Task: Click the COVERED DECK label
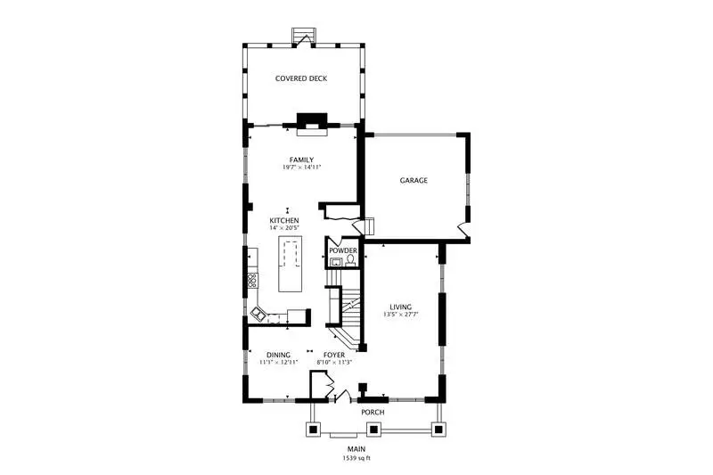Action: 301,78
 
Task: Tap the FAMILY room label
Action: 301,160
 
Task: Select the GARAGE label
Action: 414,180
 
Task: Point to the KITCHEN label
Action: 284,220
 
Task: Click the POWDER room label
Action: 343,251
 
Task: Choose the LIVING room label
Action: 400,307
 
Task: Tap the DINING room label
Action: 278,355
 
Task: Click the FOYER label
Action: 334,355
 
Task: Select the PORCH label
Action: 373,413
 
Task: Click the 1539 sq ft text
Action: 356,458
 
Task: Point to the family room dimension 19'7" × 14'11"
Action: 301,168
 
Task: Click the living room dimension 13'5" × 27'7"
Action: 400,315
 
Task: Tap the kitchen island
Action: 291,264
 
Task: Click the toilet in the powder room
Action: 350,260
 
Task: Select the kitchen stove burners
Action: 252,280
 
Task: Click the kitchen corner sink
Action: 259,313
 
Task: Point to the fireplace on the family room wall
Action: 312,124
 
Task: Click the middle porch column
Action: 373,429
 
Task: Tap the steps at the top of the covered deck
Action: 304,36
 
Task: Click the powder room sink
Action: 337,262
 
